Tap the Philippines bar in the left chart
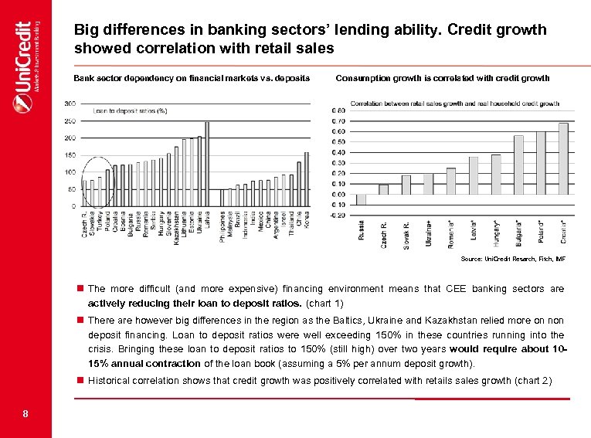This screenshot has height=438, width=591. (222, 198)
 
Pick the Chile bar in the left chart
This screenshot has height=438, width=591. (299, 184)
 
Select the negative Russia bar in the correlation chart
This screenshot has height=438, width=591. (361, 199)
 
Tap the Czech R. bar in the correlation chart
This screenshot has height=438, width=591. (383, 189)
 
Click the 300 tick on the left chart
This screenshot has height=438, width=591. (70, 104)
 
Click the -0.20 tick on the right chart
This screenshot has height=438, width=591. (338, 216)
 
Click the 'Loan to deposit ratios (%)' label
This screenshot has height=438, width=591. (131, 111)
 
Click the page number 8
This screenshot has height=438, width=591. (25, 414)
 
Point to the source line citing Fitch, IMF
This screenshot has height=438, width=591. (513, 258)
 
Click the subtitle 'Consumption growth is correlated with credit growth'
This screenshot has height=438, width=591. (443, 78)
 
